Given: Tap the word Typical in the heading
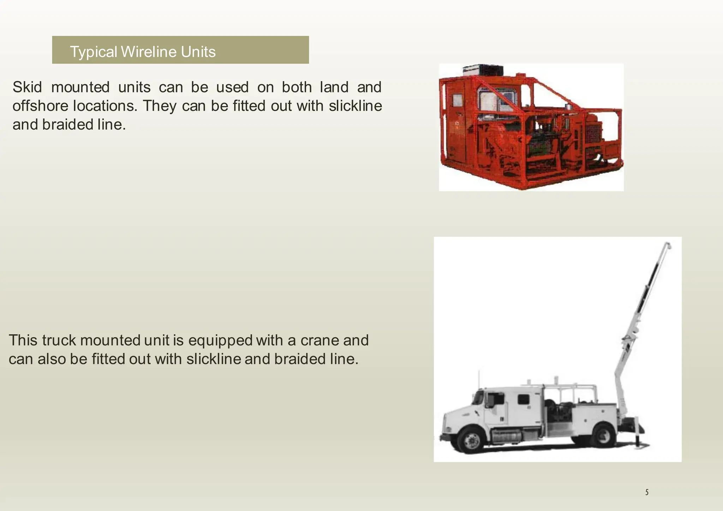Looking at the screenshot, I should click(x=94, y=52).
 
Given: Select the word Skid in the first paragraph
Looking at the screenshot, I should click(x=27, y=87).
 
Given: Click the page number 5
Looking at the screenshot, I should click(x=647, y=492).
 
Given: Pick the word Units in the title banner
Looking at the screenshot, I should click(x=198, y=52).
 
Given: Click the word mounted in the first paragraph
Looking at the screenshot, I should click(x=80, y=87).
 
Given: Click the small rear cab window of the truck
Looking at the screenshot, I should click(x=523, y=399).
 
